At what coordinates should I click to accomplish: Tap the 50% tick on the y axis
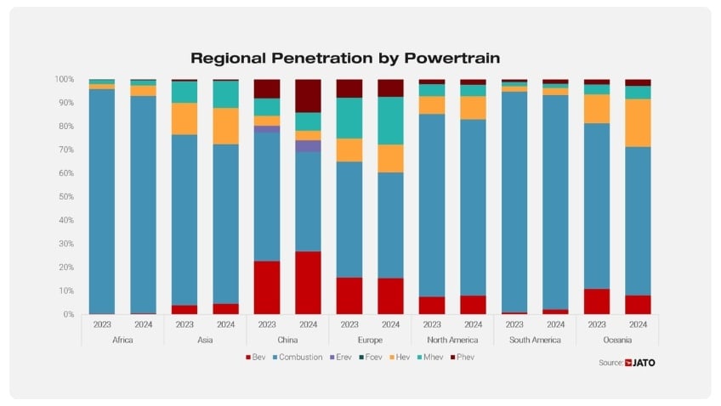tap(65, 197)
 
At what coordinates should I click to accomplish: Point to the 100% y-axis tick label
tap(65, 79)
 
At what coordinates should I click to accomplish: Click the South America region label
tap(535, 340)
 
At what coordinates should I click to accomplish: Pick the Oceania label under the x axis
tap(617, 340)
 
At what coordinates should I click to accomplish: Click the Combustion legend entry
tap(298, 358)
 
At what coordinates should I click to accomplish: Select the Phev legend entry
tap(464, 358)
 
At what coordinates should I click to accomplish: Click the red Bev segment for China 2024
tap(308, 283)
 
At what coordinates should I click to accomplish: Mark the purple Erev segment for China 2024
tap(308, 146)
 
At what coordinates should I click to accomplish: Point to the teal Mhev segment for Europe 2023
tap(349, 118)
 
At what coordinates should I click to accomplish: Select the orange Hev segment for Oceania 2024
tap(638, 123)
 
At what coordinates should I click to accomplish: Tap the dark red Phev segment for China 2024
tap(308, 96)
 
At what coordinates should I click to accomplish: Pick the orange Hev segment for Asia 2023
tap(185, 119)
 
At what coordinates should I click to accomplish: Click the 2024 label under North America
tap(473, 324)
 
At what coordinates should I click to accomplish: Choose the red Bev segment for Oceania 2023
tap(597, 302)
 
